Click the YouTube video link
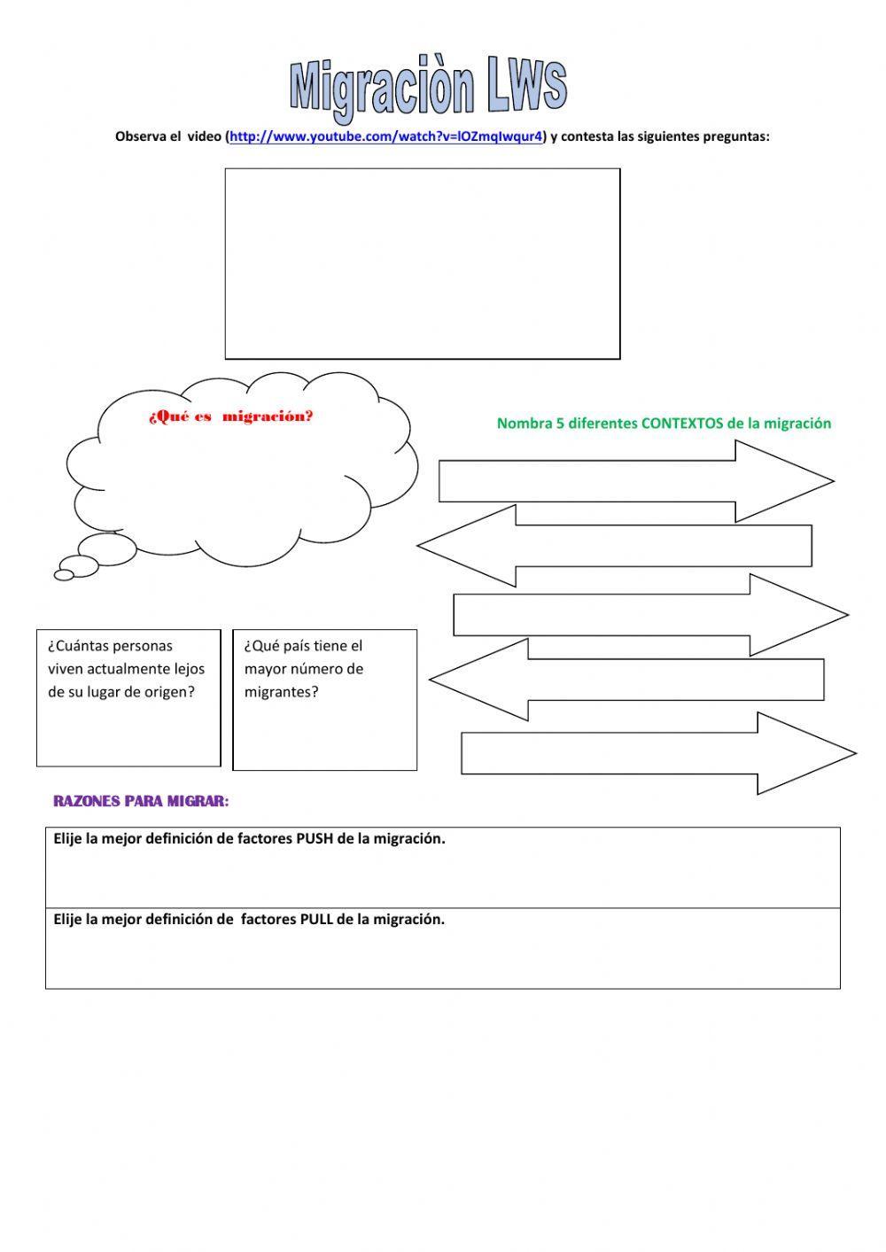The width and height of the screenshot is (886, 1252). [385, 136]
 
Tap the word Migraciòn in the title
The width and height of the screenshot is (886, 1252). [382, 89]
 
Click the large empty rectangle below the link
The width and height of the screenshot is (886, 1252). [423, 264]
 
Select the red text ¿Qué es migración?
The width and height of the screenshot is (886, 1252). [231, 417]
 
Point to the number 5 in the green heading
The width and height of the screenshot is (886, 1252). [560, 424]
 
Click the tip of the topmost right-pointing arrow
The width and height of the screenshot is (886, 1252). [834, 480]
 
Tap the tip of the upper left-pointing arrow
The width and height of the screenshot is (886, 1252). [417, 546]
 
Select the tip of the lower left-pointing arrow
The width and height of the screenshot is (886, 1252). [430, 680]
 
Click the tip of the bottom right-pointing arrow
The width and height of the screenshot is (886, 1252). [857, 753]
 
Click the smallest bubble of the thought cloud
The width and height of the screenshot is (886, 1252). [64, 574]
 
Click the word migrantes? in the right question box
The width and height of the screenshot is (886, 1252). [281, 692]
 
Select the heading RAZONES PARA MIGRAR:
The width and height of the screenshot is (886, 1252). [141, 801]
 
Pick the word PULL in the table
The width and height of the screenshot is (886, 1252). [317, 919]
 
